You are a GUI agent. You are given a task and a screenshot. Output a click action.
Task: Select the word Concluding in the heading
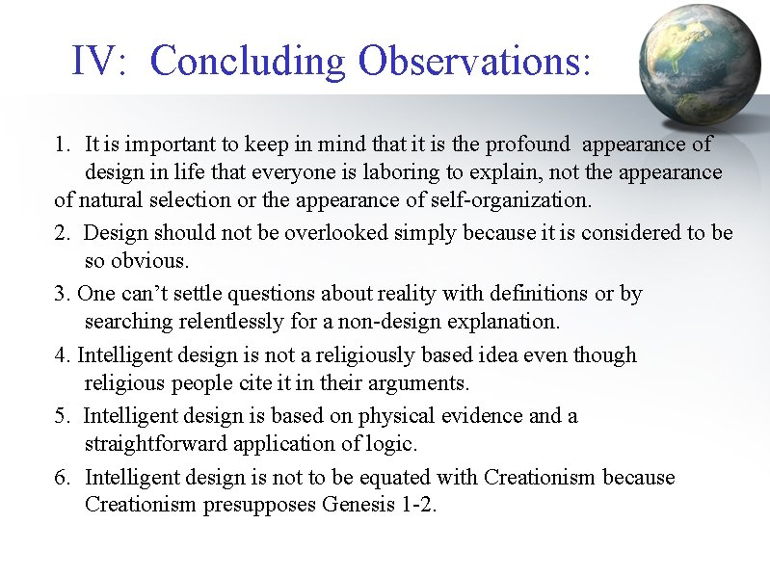[x=248, y=63]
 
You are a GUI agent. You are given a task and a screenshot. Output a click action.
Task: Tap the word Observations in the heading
[x=472, y=63]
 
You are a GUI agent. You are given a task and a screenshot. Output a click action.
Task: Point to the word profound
[x=528, y=144]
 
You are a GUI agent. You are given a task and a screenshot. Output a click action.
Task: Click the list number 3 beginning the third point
[x=61, y=294]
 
